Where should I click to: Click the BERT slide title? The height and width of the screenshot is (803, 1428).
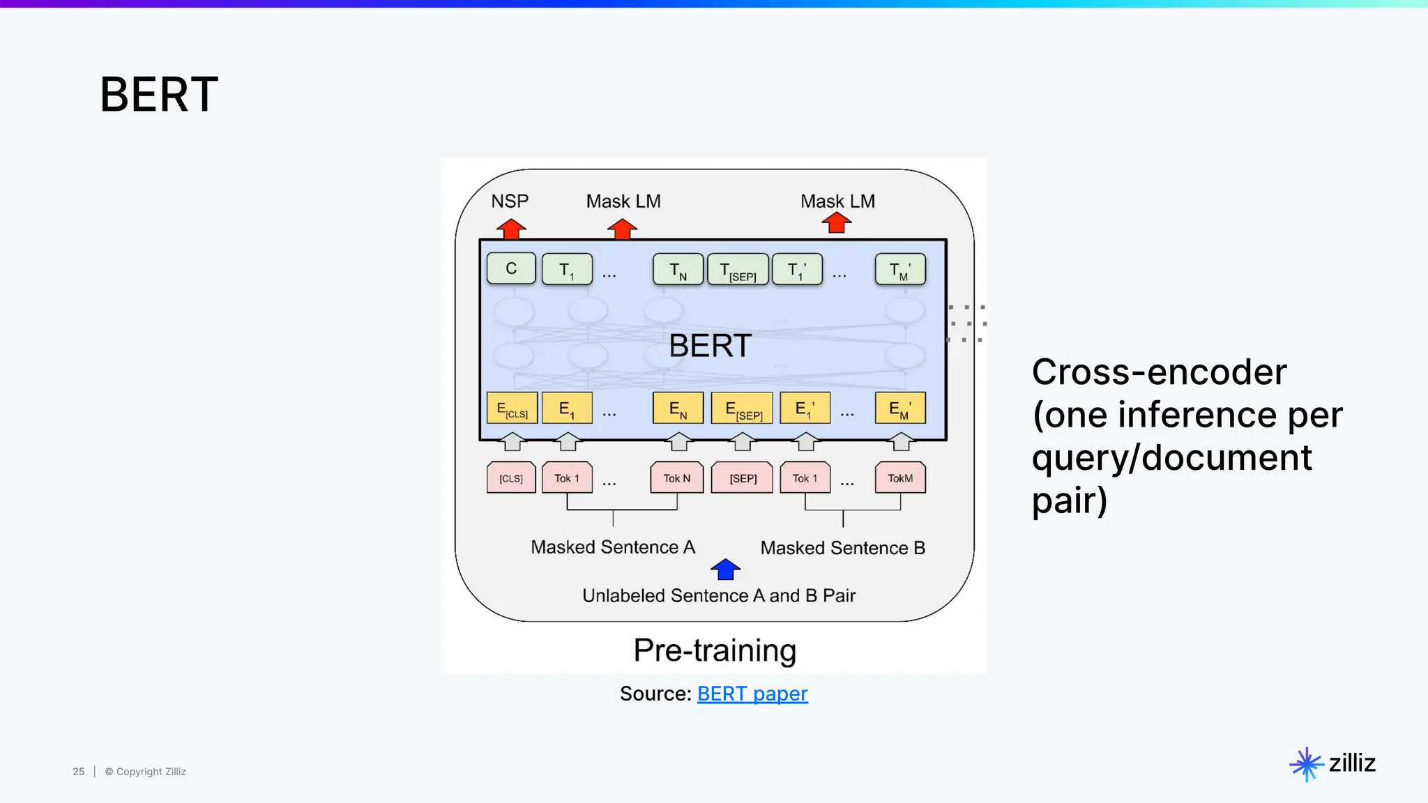[x=159, y=95]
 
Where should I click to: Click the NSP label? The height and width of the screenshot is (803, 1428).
[x=510, y=201]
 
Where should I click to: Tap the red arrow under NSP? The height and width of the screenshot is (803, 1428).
[x=511, y=229]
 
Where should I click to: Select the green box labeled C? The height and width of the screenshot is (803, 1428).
[x=511, y=269]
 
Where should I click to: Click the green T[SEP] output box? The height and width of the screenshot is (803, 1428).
[x=738, y=270]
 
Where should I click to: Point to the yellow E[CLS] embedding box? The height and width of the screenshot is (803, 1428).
[x=512, y=408]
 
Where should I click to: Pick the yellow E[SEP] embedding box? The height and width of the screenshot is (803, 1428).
[x=742, y=408]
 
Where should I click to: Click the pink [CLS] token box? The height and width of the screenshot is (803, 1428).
[x=511, y=478]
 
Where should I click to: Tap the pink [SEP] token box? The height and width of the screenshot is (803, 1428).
[x=742, y=478]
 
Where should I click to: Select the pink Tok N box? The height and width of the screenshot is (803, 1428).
[x=676, y=478]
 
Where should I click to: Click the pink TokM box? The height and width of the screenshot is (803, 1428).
[x=900, y=478]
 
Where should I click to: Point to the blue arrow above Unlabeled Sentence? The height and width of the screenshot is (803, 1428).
[x=725, y=569]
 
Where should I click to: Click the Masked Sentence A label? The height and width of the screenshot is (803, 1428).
[x=613, y=547]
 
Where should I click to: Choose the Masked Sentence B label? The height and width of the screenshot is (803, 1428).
[x=842, y=548]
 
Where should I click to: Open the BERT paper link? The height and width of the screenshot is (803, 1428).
[x=752, y=694]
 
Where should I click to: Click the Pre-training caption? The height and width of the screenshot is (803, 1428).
[x=715, y=650]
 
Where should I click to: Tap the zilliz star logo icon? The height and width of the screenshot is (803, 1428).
[x=1306, y=764]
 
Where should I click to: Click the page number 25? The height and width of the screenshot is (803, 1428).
[x=79, y=772]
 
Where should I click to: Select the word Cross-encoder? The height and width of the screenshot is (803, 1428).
[x=1159, y=372]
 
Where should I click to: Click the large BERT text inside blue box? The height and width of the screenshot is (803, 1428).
[x=710, y=346]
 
